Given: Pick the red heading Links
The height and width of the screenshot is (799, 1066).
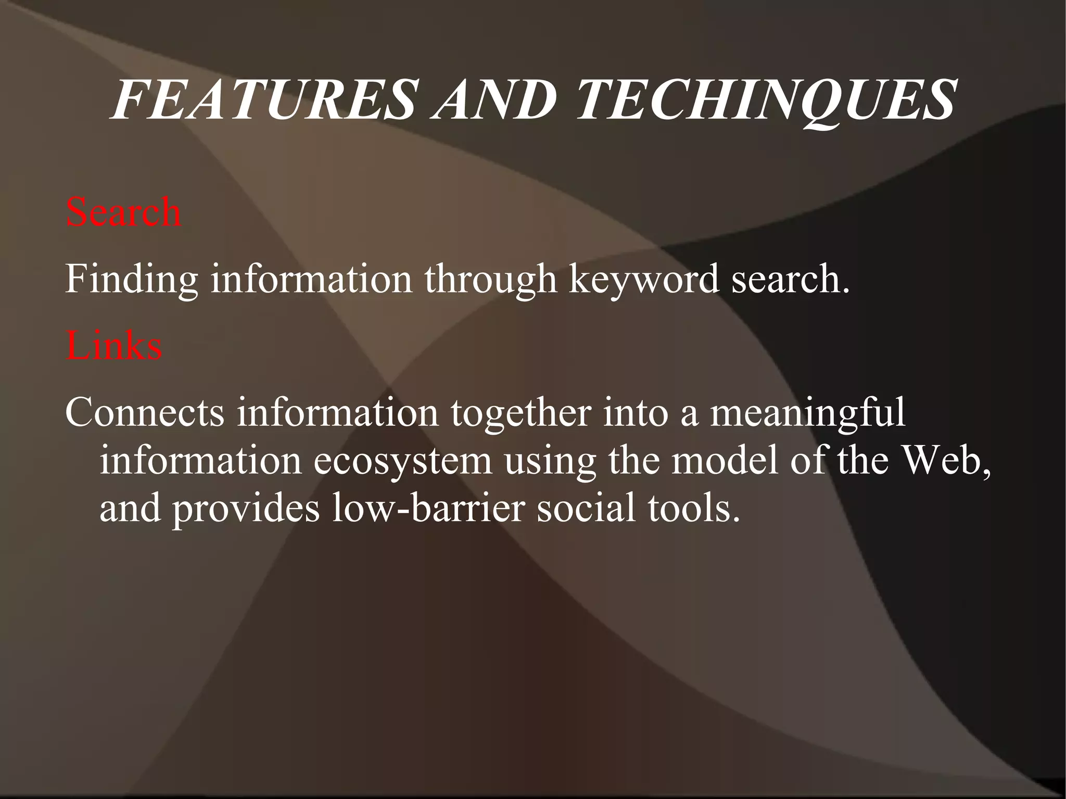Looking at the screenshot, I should (113, 346).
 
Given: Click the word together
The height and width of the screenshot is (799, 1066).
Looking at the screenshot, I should (520, 413).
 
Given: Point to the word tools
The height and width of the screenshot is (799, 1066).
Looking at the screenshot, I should (693, 508).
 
